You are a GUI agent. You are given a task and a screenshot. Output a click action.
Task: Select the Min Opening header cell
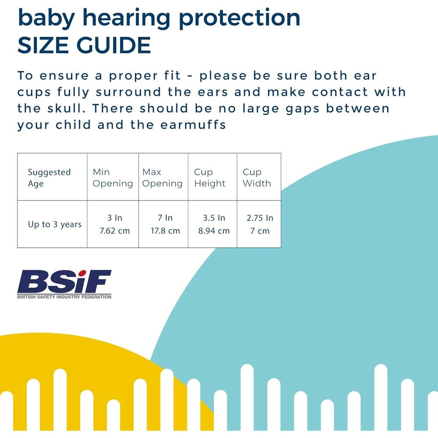tap(113, 177)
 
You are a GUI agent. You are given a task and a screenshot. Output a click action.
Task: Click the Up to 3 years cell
tap(55, 224)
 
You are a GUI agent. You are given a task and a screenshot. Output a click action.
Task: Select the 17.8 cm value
tap(165, 230)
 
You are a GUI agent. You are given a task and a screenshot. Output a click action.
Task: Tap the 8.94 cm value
tap(214, 230)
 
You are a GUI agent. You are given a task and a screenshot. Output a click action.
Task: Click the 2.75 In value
tap(260, 218)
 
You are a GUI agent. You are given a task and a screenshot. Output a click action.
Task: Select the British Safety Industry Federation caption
tap(64, 297)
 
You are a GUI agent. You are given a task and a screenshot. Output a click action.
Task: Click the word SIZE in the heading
tap(45, 45)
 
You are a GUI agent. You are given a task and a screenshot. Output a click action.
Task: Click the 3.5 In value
tap(214, 218)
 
